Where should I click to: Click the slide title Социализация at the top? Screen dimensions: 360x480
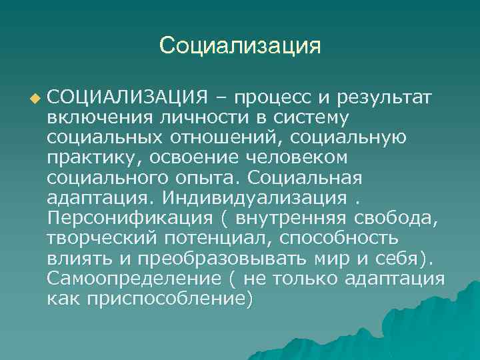[240, 45]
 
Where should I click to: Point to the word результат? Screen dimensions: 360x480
[387, 99]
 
